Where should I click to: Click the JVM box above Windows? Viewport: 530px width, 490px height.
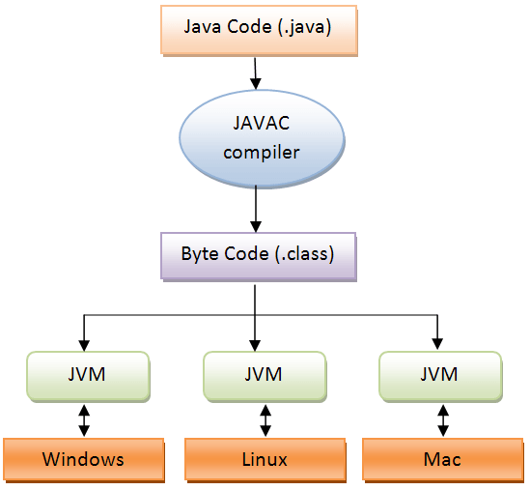tap(87, 374)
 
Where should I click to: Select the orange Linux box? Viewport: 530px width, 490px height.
tap(264, 458)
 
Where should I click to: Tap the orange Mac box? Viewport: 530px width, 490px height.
tap(441, 458)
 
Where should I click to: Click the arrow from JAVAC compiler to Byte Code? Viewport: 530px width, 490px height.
tap(255, 207)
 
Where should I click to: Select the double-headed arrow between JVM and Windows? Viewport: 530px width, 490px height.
tap(84, 418)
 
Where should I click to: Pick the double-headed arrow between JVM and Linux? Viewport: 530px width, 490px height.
tap(264, 418)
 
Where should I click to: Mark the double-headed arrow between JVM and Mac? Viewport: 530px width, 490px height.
tap(441, 418)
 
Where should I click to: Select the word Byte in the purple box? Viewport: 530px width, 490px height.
tap(198, 256)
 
